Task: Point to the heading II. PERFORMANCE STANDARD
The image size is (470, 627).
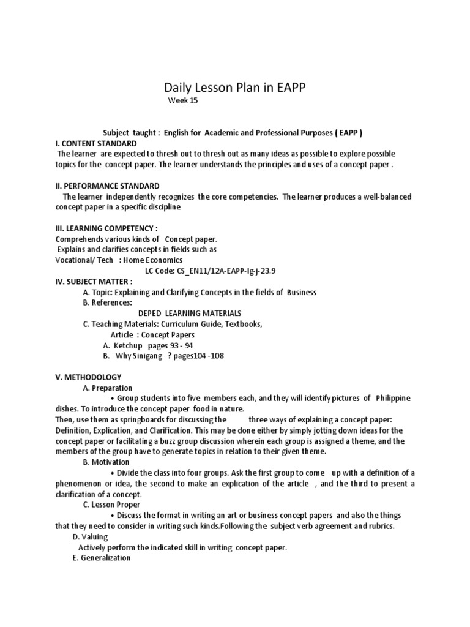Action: click(107, 186)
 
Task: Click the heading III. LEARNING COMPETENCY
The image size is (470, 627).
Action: click(102, 228)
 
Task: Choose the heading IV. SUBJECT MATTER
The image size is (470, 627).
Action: click(94, 282)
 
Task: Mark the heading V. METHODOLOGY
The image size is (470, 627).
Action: click(88, 377)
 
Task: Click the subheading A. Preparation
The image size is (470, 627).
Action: click(107, 388)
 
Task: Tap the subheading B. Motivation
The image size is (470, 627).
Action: click(106, 462)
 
